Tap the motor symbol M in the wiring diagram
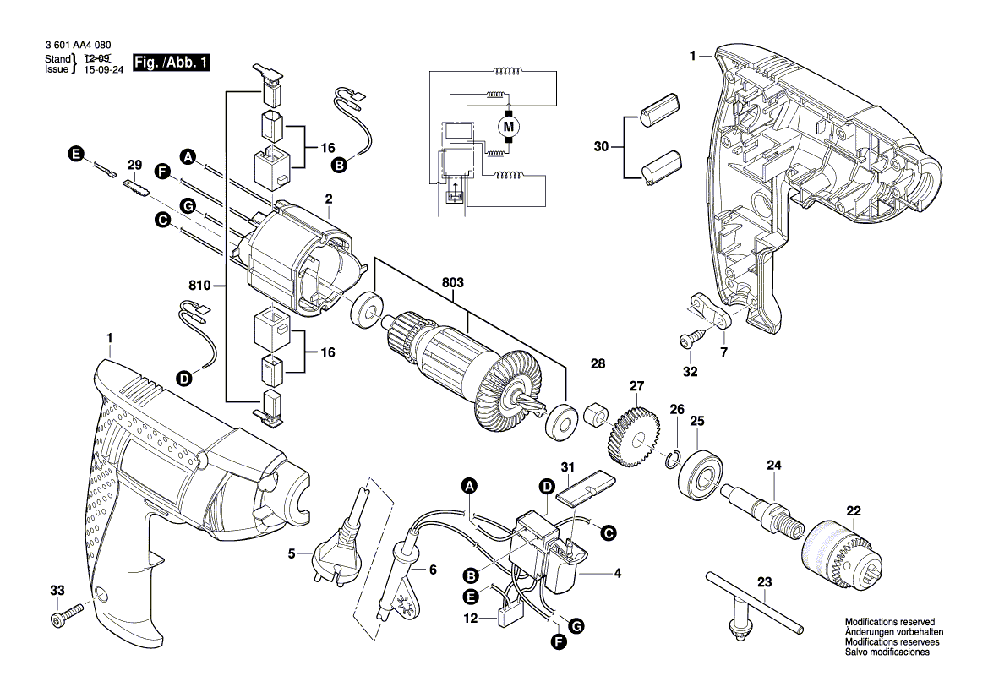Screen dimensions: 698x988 [x=509, y=128]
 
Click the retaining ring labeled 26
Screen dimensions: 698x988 [x=674, y=459]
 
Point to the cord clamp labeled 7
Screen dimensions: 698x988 [x=712, y=310]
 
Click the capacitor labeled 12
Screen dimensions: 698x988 [x=511, y=614]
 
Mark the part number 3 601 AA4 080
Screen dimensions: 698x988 [x=75, y=46]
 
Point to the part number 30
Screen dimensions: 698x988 [x=601, y=146]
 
